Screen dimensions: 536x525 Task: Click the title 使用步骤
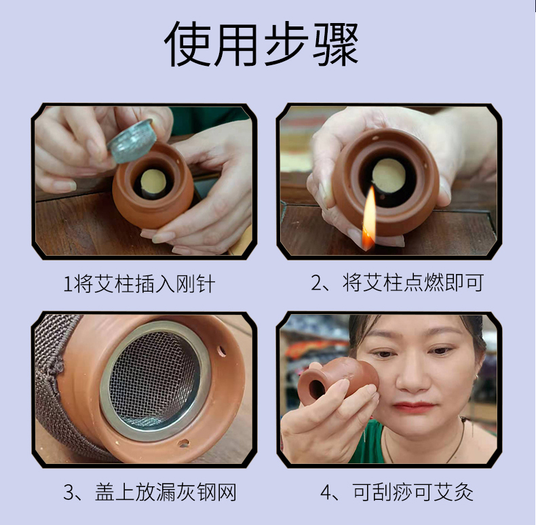click(x=261, y=45)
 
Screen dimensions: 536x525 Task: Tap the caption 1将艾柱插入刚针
click(x=140, y=284)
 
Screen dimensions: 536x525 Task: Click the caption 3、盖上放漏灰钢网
click(x=150, y=492)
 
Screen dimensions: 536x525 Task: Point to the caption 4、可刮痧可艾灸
click(x=397, y=492)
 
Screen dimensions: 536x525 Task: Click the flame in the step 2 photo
click(x=368, y=218)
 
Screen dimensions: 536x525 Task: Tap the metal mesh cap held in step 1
click(x=132, y=140)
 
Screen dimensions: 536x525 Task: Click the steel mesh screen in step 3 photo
click(x=155, y=381)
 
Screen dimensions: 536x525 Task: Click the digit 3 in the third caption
click(x=69, y=492)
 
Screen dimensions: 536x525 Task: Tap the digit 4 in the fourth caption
click(x=326, y=492)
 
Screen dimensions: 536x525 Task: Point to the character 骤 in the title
click(x=336, y=45)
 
